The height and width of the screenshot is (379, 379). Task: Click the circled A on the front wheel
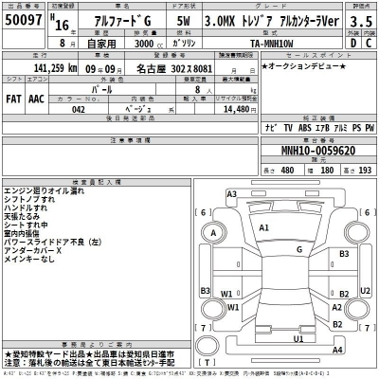coord(214,234)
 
